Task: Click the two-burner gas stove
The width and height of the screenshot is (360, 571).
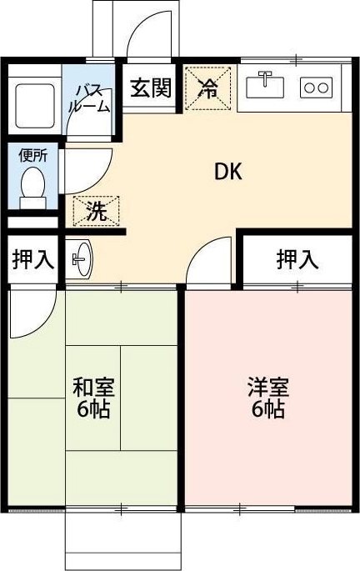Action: [x=317, y=86]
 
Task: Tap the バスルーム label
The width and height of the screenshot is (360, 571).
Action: [x=92, y=98]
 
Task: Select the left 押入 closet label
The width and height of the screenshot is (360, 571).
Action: [x=32, y=259]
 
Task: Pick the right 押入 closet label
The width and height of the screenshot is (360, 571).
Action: [x=297, y=259]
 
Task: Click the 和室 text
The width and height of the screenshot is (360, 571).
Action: [x=93, y=388]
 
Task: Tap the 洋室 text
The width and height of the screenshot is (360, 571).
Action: [x=267, y=388]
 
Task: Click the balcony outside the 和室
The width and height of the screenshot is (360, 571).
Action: [x=124, y=539]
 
